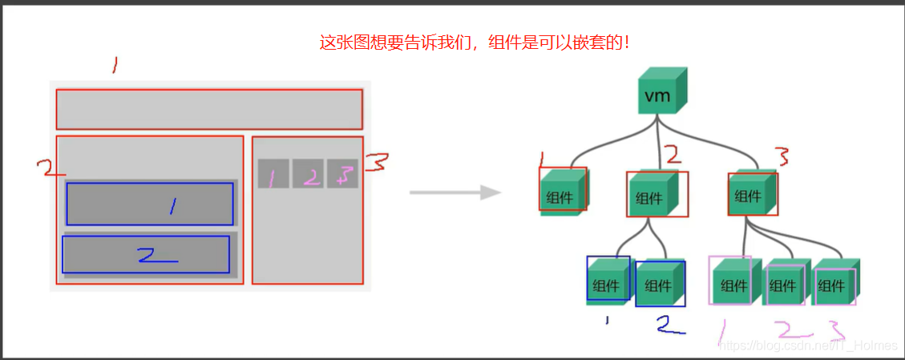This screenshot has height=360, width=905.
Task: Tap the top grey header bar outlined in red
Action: tap(209, 109)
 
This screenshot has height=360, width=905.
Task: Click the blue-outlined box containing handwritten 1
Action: tap(150, 204)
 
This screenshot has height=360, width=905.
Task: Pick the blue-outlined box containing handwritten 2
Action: tap(146, 254)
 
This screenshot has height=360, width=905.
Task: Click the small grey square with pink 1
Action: tap(273, 174)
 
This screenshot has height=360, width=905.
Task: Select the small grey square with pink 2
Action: tap(307, 174)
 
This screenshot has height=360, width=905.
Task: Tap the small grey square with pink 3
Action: tap(342, 174)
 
